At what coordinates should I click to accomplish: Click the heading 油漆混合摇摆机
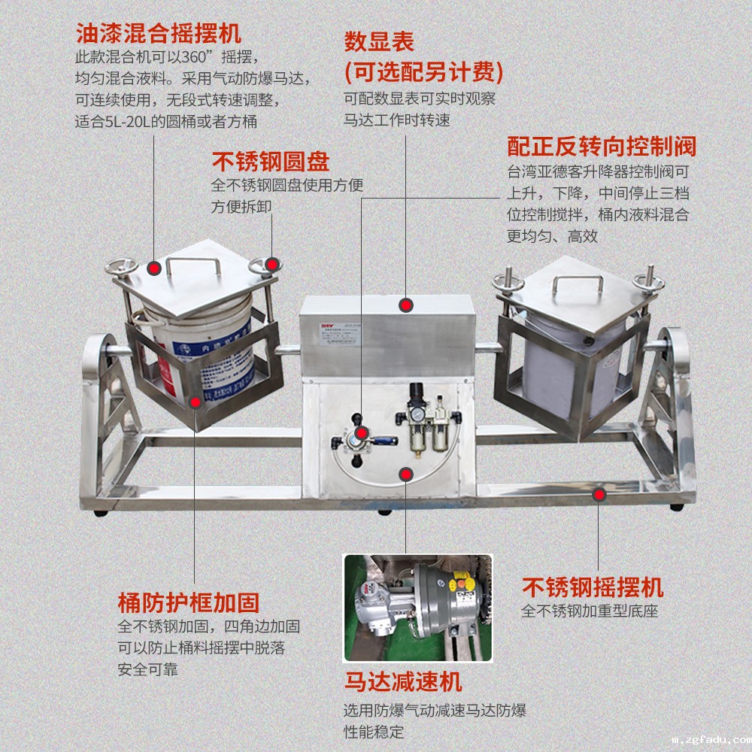pos(158,34)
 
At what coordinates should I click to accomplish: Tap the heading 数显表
pos(379,41)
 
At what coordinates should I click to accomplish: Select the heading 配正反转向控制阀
pos(602,145)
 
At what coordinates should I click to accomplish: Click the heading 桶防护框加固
pos(189,602)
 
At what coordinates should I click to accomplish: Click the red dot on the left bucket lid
pos(154,268)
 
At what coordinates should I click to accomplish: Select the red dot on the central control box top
pos(406,305)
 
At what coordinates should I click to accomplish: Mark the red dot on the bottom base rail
pos(599,494)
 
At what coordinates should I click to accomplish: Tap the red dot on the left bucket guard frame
pos(195,402)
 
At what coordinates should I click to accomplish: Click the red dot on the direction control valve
pos(362,432)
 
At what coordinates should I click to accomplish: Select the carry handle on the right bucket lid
pos(579,286)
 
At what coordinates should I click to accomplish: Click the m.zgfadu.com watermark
pos(711,741)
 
